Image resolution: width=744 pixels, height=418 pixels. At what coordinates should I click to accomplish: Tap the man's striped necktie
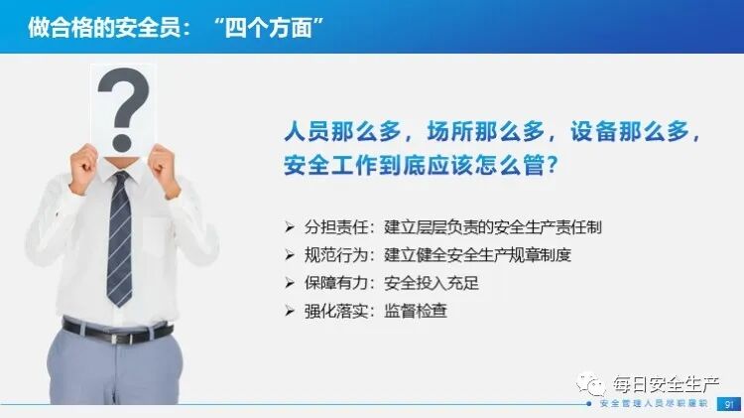coord(120,238)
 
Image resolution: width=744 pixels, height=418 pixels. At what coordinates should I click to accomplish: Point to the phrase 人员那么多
coord(333,132)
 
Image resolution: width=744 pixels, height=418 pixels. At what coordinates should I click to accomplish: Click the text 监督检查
coord(416,311)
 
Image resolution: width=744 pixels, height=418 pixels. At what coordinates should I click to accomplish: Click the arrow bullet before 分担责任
coord(290,227)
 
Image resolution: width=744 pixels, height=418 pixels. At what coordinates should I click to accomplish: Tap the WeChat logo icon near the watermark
coord(592,381)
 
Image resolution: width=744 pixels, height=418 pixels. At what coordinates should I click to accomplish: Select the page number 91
coord(730,405)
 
